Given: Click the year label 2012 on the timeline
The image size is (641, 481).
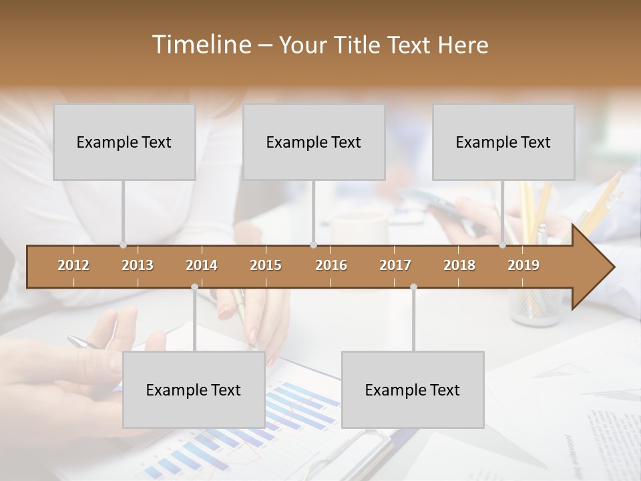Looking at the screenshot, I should [x=73, y=265].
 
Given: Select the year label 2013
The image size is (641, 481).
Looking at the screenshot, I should [x=138, y=265].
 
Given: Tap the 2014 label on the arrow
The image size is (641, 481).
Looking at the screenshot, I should [x=202, y=265].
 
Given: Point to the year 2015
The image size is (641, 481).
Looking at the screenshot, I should [x=266, y=265].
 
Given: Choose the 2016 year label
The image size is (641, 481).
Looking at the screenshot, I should [x=331, y=265].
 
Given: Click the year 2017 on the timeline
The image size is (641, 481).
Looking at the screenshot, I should [x=395, y=265].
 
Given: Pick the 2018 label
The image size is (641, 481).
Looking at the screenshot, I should [x=459, y=265].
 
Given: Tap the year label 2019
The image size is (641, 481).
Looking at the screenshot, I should [x=523, y=265].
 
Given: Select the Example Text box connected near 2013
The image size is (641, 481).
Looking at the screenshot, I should [x=124, y=142].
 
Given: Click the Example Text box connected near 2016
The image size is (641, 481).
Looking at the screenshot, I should [x=314, y=142].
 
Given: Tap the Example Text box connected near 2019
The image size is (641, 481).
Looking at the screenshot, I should [x=503, y=142].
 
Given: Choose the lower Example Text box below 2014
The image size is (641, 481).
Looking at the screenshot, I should [x=194, y=389].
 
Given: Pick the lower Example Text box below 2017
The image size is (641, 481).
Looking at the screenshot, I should [x=413, y=389].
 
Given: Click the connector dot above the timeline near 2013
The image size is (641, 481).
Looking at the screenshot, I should [x=123, y=245].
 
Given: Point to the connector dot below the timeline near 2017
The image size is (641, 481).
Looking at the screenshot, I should [x=413, y=287].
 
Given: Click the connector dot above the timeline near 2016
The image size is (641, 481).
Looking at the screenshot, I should [x=314, y=245].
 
